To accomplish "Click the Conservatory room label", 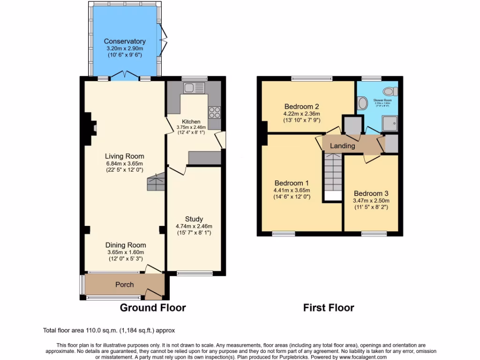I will [124, 41].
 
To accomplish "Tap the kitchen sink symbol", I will [192, 88].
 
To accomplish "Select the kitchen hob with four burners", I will [215, 112].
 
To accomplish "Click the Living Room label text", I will [124, 156].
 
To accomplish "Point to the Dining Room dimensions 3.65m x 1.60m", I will [126, 252].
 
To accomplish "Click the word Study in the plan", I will [194, 219].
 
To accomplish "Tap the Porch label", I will [124, 285].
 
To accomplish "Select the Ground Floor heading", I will [153, 308].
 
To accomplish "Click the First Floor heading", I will [328, 308].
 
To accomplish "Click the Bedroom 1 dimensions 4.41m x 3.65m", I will [292, 190].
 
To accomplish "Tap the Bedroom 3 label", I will [371, 193].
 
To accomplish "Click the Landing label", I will [342, 146].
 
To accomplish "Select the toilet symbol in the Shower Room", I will [389, 91].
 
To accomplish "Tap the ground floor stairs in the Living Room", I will [156, 181].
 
